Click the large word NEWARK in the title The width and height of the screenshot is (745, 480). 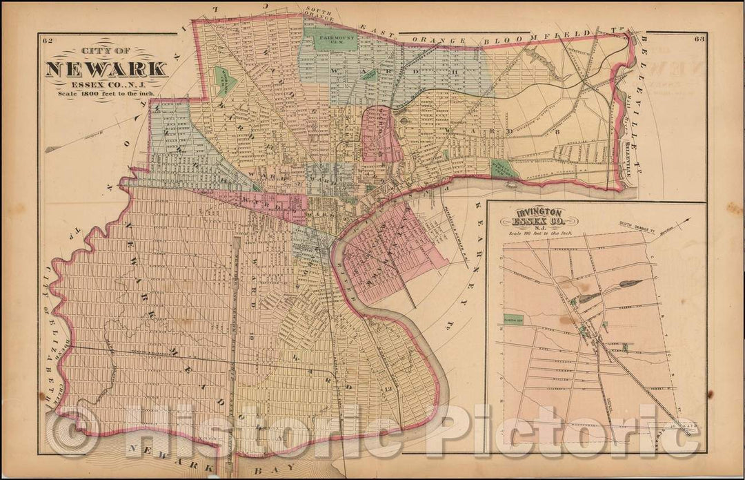106,69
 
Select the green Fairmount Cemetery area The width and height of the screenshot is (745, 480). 335,40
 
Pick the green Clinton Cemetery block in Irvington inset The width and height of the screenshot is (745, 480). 512,320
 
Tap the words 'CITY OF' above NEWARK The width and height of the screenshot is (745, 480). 106,52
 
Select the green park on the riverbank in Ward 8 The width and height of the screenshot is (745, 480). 501,169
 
